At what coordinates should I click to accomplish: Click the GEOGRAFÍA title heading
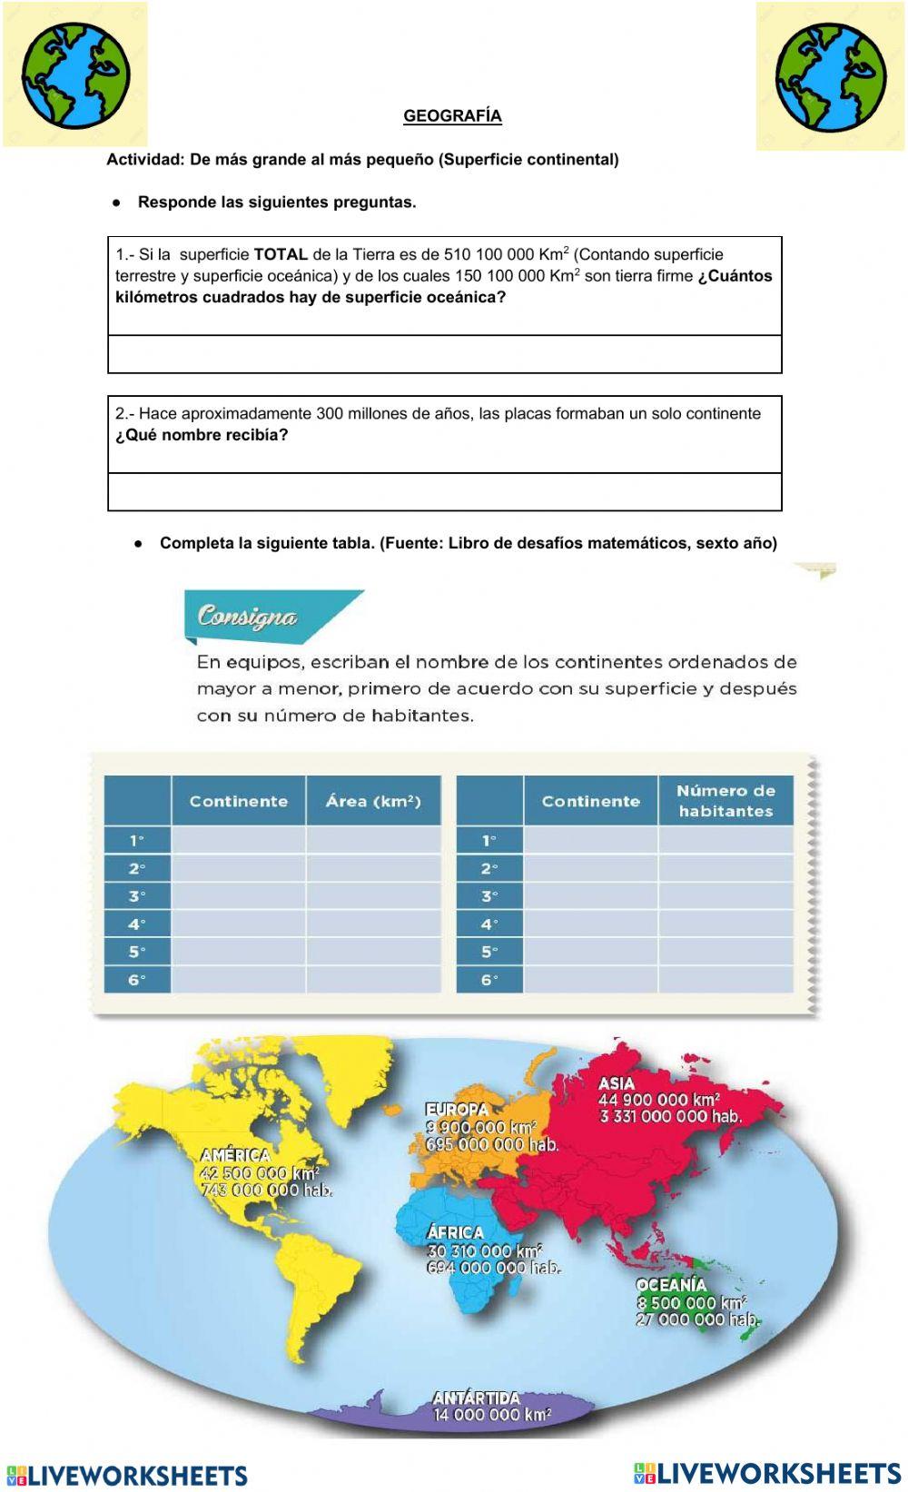pyautogui.click(x=452, y=116)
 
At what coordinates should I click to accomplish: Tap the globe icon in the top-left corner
pyautogui.click(x=75, y=75)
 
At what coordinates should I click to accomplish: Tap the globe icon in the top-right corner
pyautogui.click(x=831, y=77)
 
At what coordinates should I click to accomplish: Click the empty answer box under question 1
pyautogui.click(x=445, y=354)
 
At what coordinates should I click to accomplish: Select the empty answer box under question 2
pyautogui.click(x=445, y=492)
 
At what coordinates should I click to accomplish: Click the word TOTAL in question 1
pyautogui.click(x=281, y=255)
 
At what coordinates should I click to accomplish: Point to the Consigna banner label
pyautogui.click(x=247, y=617)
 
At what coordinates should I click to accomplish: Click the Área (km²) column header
pyautogui.click(x=373, y=801)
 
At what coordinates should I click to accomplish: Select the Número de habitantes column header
pyautogui.click(x=725, y=801)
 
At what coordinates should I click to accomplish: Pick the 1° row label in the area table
pyautogui.click(x=137, y=840)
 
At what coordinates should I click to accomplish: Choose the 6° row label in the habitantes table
pyautogui.click(x=489, y=980)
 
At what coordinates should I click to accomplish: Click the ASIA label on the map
pyautogui.click(x=617, y=1083)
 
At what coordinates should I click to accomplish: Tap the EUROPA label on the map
pyautogui.click(x=457, y=1110)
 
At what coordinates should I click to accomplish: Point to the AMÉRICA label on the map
pyautogui.click(x=235, y=1155)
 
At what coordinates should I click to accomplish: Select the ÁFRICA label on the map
pyautogui.click(x=455, y=1232)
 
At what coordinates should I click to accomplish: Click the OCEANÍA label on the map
pyautogui.click(x=671, y=1285)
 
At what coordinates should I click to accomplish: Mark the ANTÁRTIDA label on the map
pyautogui.click(x=476, y=1398)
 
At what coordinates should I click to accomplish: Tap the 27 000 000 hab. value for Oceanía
pyautogui.click(x=697, y=1319)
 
